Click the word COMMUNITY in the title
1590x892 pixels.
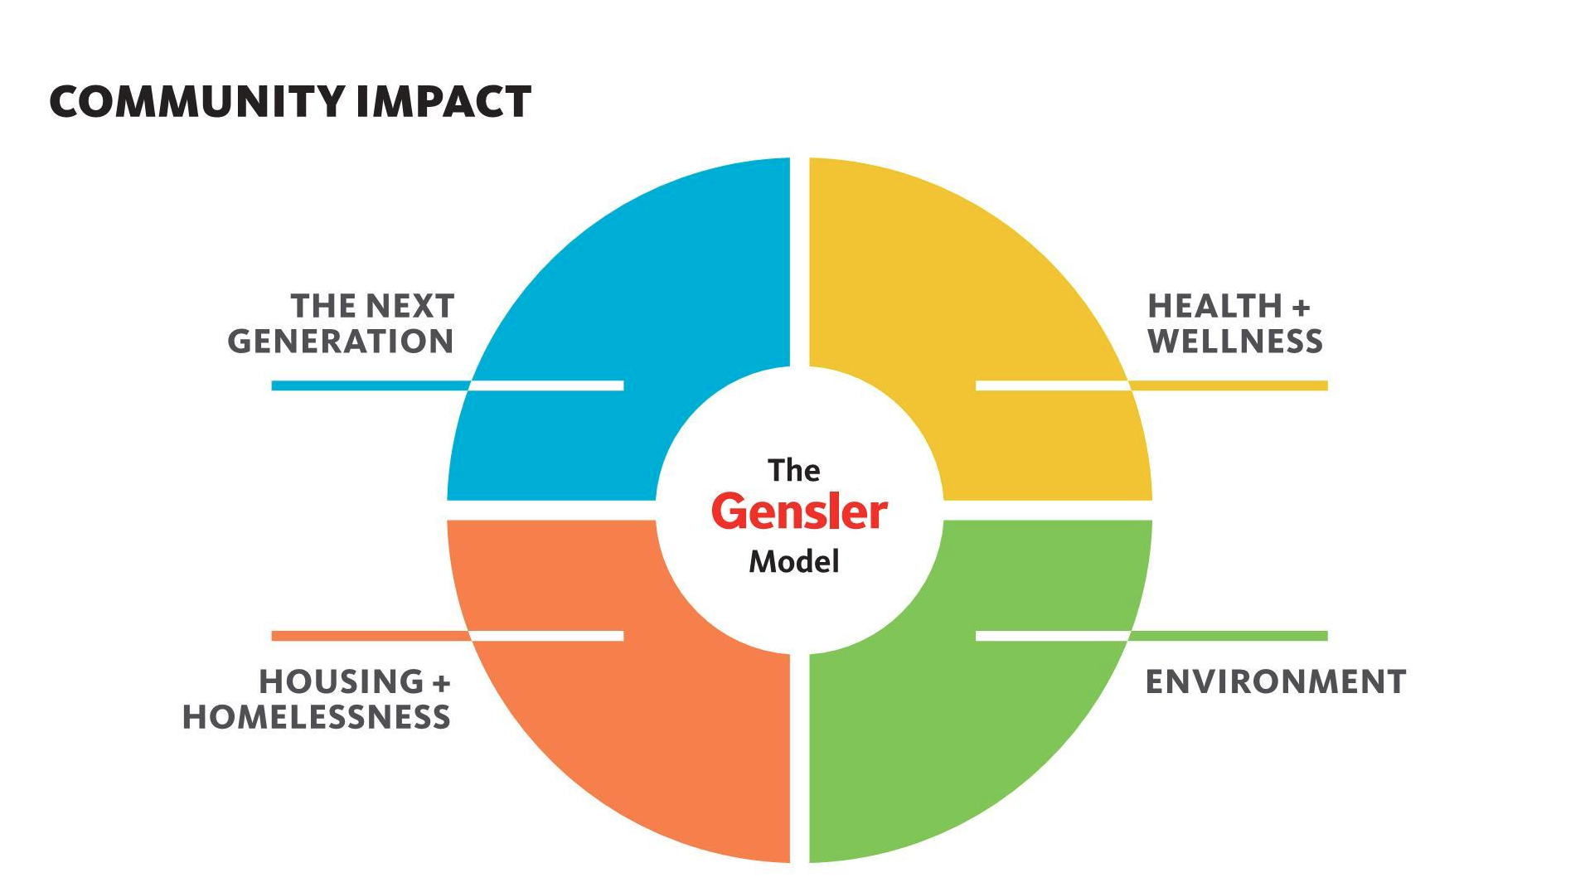tap(196, 102)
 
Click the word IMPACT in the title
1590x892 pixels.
tap(444, 102)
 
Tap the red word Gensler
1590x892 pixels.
tap(799, 512)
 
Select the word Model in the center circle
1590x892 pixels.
tap(794, 562)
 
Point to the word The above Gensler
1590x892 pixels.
tap(793, 470)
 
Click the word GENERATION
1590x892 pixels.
tap(341, 342)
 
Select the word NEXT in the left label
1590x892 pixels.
tap(406, 306)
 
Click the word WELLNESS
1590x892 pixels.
tap(1235, 342)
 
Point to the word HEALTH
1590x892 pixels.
tap(1214, 306)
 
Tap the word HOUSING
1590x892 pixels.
tap(342, 682)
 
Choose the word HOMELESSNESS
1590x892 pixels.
tap(316, 717)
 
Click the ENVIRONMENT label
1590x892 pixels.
tap(1276, 682)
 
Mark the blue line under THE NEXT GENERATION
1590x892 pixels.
tap(371, 385)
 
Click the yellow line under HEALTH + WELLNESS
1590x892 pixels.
tap(1229, 385)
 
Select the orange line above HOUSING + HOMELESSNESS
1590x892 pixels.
tap(371, 636)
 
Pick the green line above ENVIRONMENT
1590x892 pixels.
tap(1229, 636)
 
